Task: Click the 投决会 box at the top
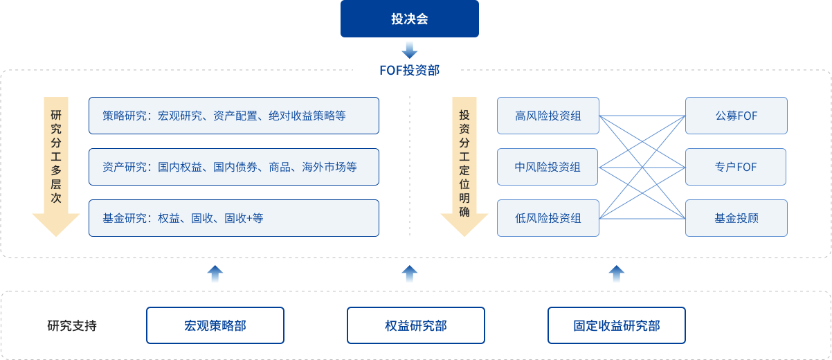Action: point(410,19)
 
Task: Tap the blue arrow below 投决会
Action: point(410,50)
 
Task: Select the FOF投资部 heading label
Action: point(410,70)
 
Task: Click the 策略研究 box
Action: point(234,116)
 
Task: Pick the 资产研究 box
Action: point(234,167)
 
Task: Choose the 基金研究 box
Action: point(234,218)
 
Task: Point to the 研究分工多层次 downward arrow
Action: point(57,166)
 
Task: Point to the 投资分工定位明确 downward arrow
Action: point(464,166)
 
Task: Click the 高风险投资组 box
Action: point(548,116)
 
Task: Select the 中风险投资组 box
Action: point(548,167)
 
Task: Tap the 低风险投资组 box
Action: point(548,218)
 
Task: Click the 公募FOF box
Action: point(736,116)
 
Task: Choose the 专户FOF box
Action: point(736,167)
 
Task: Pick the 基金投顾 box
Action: point(736,218)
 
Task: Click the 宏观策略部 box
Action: point(215,325)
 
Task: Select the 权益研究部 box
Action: point(416,325)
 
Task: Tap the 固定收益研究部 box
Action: point(617,325)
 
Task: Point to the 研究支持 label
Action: point(72,325)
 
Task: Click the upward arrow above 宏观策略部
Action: point(215,273)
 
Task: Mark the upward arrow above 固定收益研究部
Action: point(617,273)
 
